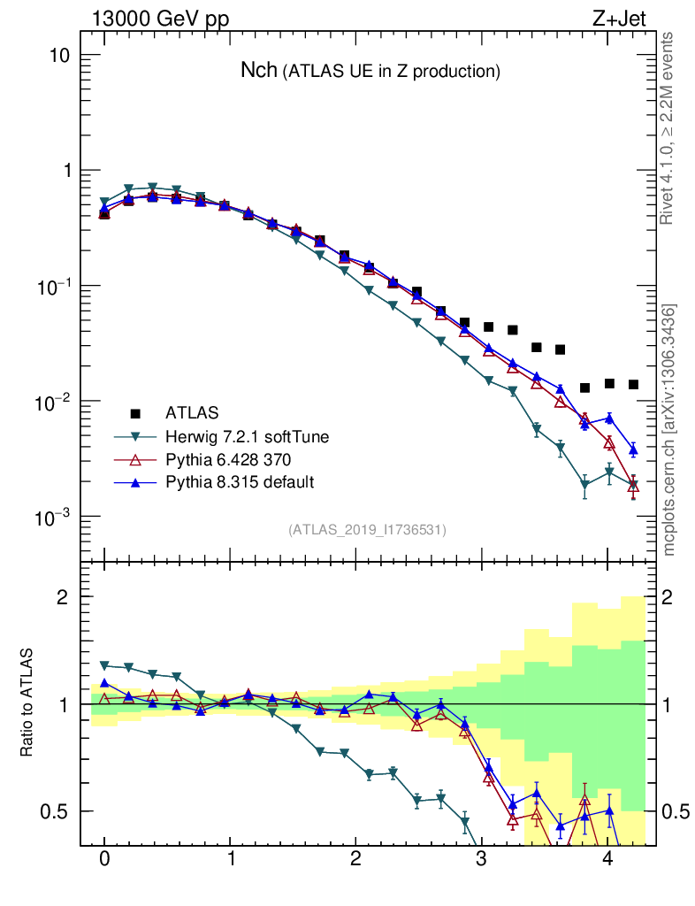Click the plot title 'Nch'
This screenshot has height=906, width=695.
point(259,71)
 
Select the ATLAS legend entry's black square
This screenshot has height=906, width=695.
point(135,412)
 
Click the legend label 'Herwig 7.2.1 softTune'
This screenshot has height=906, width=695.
point(241,436)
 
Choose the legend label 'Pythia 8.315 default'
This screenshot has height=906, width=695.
point(240,482)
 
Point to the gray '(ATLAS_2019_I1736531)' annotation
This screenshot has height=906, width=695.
point(367,530)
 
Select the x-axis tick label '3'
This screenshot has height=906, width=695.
point(481,860)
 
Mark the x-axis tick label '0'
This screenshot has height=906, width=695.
point(104,860)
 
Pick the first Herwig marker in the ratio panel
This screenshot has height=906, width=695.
point(104,664)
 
